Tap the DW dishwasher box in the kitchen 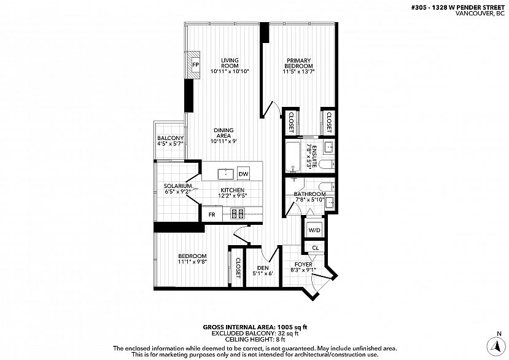244,174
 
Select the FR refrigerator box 212,214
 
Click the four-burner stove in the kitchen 237,213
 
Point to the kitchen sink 225,174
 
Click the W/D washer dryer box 314,230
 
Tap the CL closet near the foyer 315,248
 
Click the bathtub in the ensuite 293,156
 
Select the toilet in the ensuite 326,165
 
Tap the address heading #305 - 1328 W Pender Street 458,8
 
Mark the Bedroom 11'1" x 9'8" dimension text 193,262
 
